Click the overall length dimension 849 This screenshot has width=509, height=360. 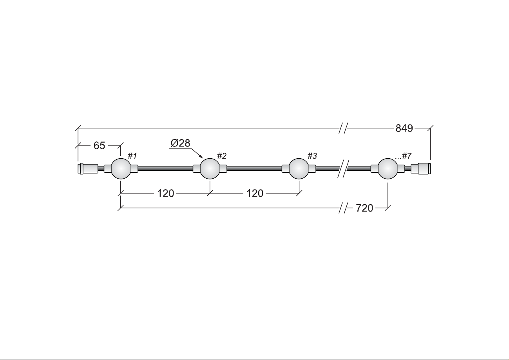pyautogui.click(x=404, y=128)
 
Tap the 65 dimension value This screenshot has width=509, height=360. pyautogui.click(x=99, y=146)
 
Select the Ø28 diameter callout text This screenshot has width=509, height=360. pyautogui.click(x=180, y=143)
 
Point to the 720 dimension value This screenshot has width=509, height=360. pyautogui.click(x=364, y=208)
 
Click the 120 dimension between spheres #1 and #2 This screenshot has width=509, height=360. pyautogui.click(x=166, y=194)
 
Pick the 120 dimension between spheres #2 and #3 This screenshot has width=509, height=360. pyautogui.click(x=255, y=194)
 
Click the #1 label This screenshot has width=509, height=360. pyautogui.click(x=132, y=156)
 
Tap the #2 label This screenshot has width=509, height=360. pyautogui.click(x=221, y=156)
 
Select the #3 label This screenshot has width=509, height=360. pyautogui.click(x=312, y=156)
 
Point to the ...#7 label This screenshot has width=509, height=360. pyautogui.click(x=403, y=156)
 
